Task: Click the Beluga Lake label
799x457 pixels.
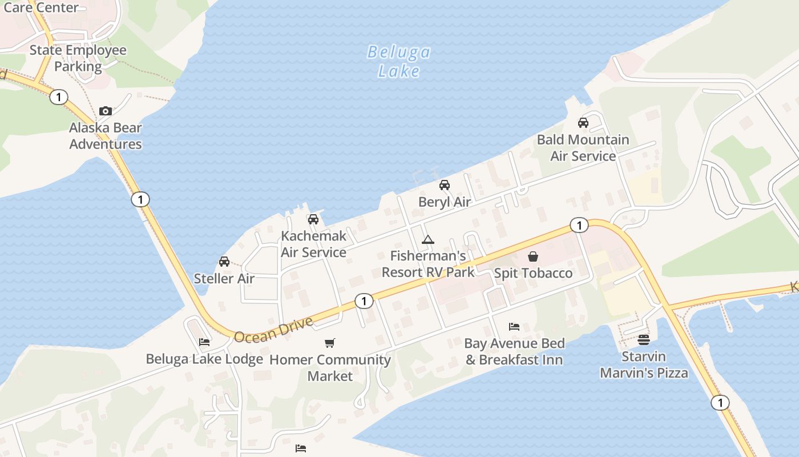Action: point(399,61)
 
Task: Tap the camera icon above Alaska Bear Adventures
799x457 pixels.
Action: point(106,111)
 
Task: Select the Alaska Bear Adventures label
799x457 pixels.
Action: point(106,136)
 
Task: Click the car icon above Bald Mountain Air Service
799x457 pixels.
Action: point(583,123)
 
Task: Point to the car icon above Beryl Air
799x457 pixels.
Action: point(445,185)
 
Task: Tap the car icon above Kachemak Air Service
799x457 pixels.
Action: point(313,219)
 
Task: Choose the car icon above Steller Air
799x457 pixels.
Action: point(224,262)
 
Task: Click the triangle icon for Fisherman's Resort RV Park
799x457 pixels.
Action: point(428,239)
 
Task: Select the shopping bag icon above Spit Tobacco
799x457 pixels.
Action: point(533,256)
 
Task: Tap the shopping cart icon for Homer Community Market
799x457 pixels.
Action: point(330,343)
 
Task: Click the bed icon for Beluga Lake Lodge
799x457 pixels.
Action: point(204,342)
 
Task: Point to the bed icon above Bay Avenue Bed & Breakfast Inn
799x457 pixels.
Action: point(514,327)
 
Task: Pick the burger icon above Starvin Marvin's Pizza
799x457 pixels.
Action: point(644,340)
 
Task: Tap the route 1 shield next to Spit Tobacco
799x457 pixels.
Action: point(579,226)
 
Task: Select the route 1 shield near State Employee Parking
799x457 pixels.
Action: point(58,97)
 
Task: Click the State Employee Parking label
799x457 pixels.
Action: point(78,58)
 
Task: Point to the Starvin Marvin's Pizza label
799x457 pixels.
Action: point(644,365)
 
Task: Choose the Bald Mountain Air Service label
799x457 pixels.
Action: point(583,148)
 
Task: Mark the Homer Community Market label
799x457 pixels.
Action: point(330,368)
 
